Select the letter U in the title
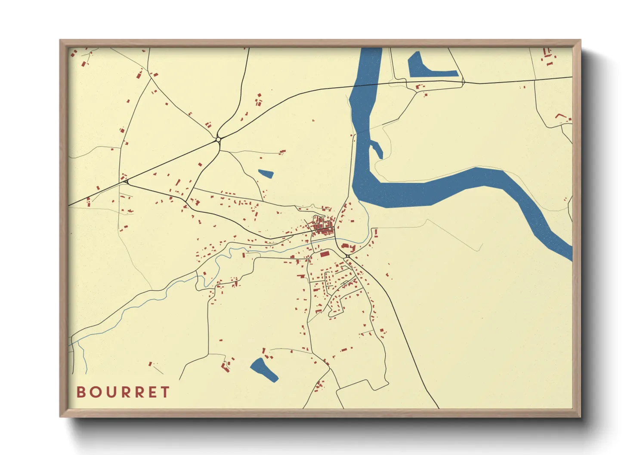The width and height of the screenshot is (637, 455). pyautogui.click(x=110, y=392)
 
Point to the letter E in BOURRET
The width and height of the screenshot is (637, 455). pyautogui.click(x=152, y=392)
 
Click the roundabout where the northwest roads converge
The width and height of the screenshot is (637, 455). pyautogui.click(x=218, y=139)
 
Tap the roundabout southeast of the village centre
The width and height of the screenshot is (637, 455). pyautogui.click(x=347, y=256)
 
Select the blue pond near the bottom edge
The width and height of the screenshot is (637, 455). pyautogui.click(x=263, y=369)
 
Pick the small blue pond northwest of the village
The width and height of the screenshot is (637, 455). pyautogui.click(x=266, y=174)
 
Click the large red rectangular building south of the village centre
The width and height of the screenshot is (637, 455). pyautogui.click(x=325, y=254)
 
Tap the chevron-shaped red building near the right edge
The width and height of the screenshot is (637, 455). pyautogui.click(x=560, y=116)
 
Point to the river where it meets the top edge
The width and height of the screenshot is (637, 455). pyautogui.click(x=371, y=51)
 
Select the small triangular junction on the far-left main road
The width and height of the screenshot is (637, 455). pyautogui.click(x=126, y=182)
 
